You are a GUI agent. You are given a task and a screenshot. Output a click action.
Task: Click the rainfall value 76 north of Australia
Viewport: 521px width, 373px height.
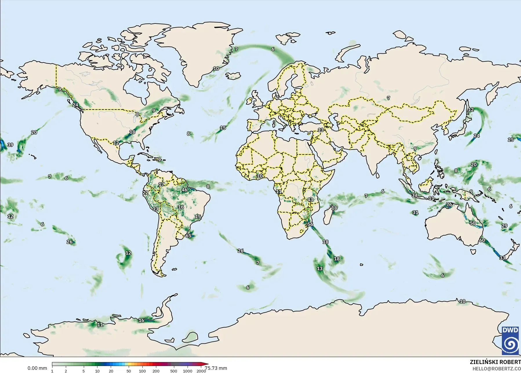point(449,204)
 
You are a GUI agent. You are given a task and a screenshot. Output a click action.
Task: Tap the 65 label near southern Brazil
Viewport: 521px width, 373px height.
point(188,236)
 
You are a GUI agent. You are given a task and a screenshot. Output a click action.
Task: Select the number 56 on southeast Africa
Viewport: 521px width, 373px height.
point(310,224)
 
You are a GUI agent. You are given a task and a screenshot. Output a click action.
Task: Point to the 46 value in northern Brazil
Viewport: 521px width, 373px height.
point(184,190)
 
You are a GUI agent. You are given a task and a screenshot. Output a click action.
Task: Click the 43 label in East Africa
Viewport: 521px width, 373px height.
point(310,199)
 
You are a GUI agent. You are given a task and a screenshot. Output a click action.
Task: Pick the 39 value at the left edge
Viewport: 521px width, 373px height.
point(10,145)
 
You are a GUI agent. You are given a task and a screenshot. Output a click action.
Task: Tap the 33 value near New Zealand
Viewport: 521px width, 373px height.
point(502,258)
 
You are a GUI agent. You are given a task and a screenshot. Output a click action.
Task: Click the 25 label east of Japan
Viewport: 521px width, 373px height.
point(511,140)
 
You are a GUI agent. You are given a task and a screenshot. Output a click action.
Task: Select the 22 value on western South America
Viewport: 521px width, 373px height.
point(146,192)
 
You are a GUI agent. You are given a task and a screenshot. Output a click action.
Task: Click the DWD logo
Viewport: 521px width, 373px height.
point(511,340)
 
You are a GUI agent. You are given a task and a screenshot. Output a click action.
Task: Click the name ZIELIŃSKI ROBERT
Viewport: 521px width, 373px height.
point(495,362)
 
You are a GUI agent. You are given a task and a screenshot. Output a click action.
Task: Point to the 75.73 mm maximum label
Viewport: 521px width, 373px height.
point(216,368)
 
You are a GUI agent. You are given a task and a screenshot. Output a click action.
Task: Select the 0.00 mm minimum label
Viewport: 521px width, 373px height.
point(37,368)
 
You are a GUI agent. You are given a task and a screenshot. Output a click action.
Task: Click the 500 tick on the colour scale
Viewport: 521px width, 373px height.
point(174,371)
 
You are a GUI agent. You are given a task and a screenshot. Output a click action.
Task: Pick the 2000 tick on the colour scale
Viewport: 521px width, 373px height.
point(201,371)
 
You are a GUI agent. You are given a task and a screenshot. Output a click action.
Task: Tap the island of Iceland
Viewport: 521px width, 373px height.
point(233,76)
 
